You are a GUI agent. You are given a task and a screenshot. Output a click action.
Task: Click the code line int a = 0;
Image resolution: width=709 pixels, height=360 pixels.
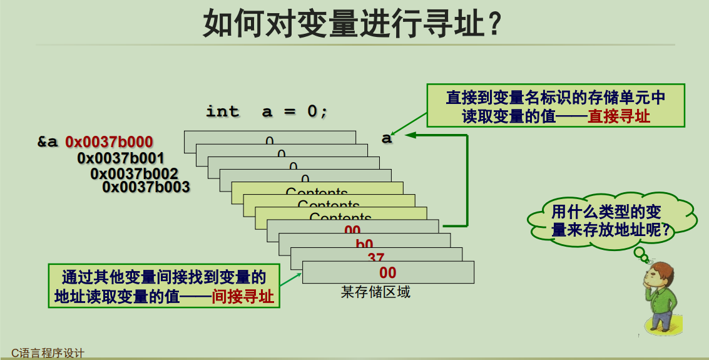(x=267, y=111)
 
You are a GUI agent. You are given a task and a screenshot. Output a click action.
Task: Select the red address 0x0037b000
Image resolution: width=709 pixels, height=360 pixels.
(x=109, y=142)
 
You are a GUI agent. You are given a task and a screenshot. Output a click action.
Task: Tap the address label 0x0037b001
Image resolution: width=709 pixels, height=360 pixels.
(x=121, y=158)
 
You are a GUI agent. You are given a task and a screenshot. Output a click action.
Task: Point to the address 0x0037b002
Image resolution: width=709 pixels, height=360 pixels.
(x=134, y=173)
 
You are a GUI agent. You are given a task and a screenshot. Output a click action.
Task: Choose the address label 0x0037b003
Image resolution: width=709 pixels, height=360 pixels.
(x=146, y=187)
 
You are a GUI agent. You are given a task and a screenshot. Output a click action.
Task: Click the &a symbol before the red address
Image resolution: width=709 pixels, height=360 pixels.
(x=48, y=142)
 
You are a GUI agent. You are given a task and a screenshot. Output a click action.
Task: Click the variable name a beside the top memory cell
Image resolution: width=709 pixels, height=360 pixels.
(x=387, y=138)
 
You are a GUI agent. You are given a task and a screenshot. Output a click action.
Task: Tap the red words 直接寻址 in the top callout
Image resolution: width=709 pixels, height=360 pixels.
(x=619, y=116)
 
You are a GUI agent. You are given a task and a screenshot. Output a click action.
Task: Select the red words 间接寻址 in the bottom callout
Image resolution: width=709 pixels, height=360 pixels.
(x=243, y=297)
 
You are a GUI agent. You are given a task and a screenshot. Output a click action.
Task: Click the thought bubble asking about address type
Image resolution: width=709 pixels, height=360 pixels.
(x=611, y=220)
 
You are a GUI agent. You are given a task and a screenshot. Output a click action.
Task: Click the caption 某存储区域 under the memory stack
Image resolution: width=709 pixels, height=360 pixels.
(x=375, y=292)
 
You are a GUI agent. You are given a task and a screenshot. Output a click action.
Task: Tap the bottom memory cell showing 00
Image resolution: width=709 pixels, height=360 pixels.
(x=388, y=272)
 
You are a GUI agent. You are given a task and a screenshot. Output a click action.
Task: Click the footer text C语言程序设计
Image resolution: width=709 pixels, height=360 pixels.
(x=48, y=353)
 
